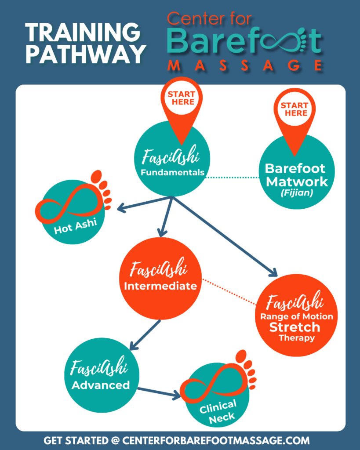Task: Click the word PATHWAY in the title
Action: tap(85, 54)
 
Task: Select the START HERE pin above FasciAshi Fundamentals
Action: tap(181, 101)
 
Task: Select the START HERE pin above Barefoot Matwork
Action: tap(294, 110)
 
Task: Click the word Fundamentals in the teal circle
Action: tap(172, 173)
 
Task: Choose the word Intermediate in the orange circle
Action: tap(160, 286)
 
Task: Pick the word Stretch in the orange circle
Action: tap(295, 327)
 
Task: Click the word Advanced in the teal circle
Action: tap(101, 385)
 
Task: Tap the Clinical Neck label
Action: tap(218, 411)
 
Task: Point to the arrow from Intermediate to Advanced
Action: tap(145, 334)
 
